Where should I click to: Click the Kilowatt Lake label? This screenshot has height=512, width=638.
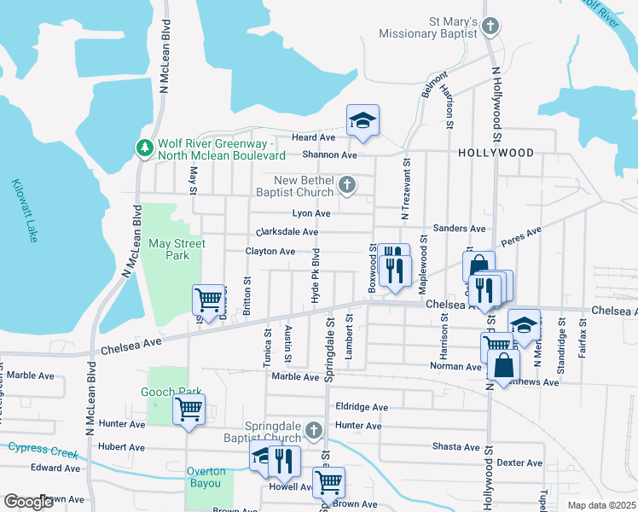[x=25, y=210]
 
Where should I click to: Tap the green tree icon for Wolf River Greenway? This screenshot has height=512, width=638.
[x=144, y=148]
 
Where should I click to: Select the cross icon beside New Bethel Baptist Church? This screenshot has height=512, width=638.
[x=346, y=184]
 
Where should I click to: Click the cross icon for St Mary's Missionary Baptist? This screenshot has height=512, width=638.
[x=490, y=26]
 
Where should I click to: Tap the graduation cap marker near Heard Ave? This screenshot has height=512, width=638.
[x=362, y=121]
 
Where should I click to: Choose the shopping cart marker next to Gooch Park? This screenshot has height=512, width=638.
[x=188, y=410]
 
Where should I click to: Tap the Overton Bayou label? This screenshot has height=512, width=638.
[x=206, y=477]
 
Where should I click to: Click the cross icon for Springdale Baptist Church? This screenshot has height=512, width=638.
[x=313, y=429]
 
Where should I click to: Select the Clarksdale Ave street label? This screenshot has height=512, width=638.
[x=287, y=232]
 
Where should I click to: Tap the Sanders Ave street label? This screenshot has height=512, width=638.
[x=459, y=229]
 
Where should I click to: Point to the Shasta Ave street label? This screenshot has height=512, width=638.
[x=456, y=446]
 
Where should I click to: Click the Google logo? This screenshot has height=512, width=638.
[x=29, y=502]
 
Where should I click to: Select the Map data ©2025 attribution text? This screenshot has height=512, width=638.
[x=601, y=505]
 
